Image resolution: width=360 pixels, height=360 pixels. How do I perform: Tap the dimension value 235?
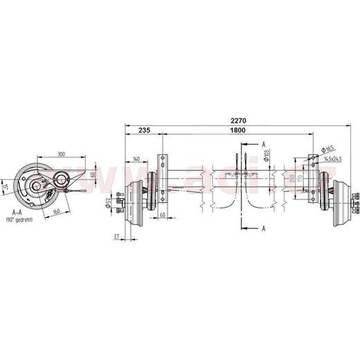pyautogui.click(x=145, y=129)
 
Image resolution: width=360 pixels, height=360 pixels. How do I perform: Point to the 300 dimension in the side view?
pyautogui.click(x=62, y=154)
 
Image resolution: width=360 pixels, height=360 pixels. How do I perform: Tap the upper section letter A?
pyautogui.click(x=264, y=143)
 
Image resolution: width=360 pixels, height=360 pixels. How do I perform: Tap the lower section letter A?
pyautogui.click(x=264, y=227)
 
